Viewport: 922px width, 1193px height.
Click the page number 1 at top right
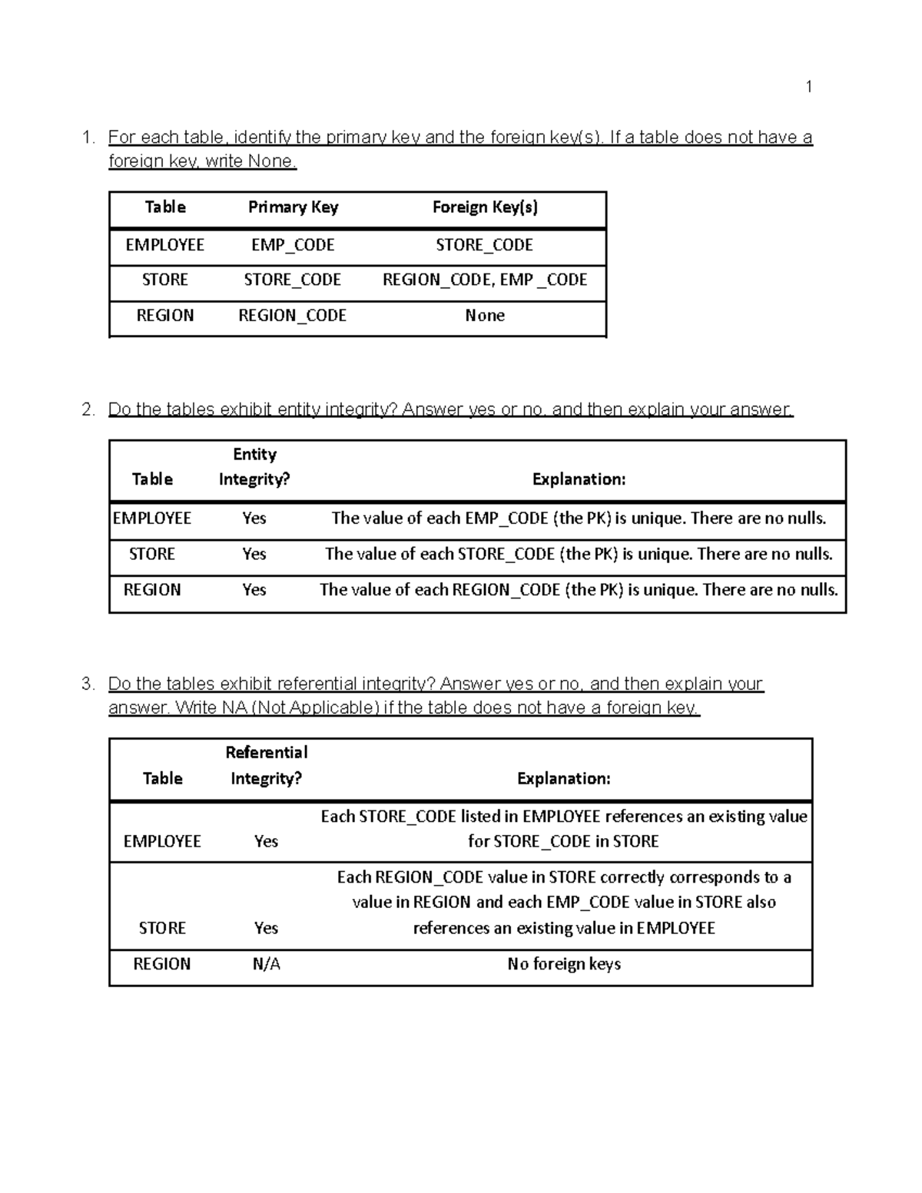(808, 86)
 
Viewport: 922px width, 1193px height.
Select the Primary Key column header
(293, 207)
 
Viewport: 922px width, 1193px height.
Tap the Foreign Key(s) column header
(485, 207)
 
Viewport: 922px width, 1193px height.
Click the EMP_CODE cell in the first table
(293, 245)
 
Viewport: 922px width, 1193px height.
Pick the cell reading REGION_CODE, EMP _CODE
(485, 280)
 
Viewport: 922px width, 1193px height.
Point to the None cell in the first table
(485, 316)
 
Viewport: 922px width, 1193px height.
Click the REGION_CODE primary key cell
(293, 316)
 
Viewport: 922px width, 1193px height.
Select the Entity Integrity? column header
(254, 467)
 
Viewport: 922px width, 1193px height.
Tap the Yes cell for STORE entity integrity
(254, 554)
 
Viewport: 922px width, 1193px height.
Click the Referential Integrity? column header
(266, 765)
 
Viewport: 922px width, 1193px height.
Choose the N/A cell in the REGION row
(266, 964)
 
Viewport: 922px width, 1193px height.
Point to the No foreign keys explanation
(564, 964)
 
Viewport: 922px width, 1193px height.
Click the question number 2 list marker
(88, 409)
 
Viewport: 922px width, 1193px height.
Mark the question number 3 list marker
(88, 684)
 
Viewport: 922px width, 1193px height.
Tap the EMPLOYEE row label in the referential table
(162, 841)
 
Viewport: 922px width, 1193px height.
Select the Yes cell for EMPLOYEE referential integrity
(266, 841)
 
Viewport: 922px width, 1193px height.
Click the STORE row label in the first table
(165, 280)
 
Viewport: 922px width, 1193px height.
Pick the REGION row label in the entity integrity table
(152, 590)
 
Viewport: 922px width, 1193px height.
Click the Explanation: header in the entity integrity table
(579, 479)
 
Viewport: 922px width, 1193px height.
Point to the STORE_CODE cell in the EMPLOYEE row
(485, 245)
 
